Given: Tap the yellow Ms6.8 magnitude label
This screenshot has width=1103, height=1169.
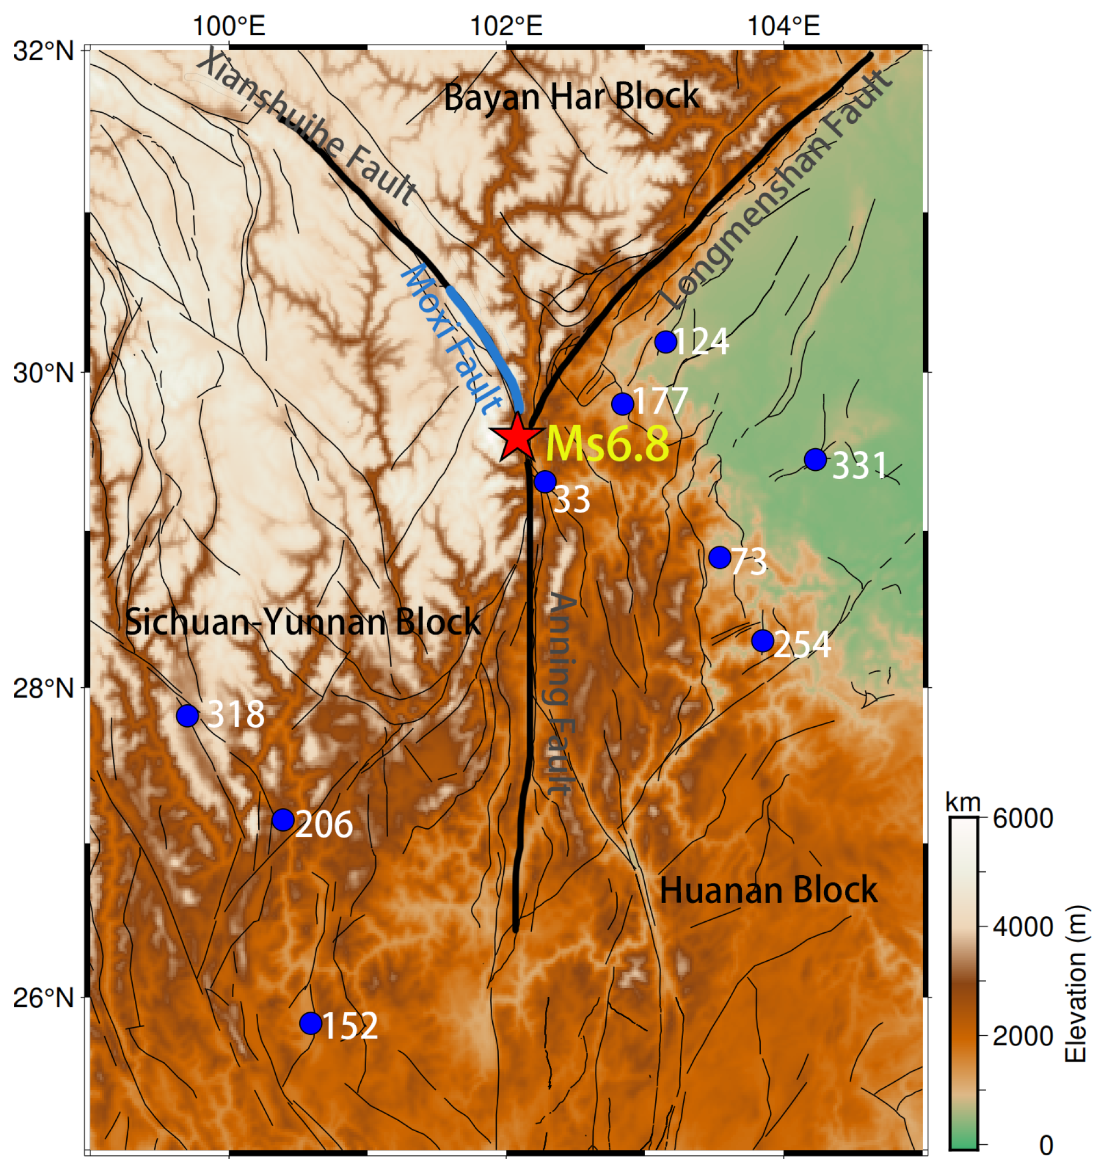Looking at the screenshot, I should tap(607, 444).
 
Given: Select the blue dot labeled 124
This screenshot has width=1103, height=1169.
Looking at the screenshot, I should tap(666, 341).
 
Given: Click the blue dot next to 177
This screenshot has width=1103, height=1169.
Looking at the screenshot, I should tap(622, 403).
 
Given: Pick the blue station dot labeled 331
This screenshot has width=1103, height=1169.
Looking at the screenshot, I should tap(815, 459).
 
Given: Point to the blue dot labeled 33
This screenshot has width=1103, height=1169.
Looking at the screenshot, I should tap(545, 482).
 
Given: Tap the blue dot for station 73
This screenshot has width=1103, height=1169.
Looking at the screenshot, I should tap(719, 557).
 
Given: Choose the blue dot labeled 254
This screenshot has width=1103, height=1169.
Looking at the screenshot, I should tap(763, 640).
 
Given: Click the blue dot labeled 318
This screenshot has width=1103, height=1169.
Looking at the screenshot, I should tap(187, 715).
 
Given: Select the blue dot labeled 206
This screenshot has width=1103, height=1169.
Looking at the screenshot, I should tap(283, 819).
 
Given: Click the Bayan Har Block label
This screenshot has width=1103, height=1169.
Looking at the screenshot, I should tap(571, 96).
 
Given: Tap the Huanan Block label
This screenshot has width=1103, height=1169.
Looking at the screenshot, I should tap(768, 889).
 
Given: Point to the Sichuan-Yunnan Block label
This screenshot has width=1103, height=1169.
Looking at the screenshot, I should tap(303, 621).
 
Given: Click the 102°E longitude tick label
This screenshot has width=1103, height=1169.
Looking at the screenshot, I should tap(506, 26).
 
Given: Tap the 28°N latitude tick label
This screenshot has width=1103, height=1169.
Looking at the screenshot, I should tap(44, 687).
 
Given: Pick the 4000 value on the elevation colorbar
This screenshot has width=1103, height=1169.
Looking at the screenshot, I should tap(1022, 927).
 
